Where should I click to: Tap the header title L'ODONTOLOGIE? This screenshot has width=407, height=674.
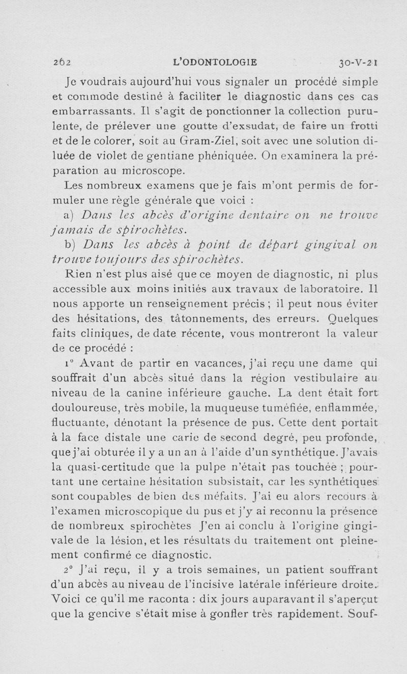(x=215, y=63)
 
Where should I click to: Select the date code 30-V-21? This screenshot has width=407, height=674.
(x=357, y=63)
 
